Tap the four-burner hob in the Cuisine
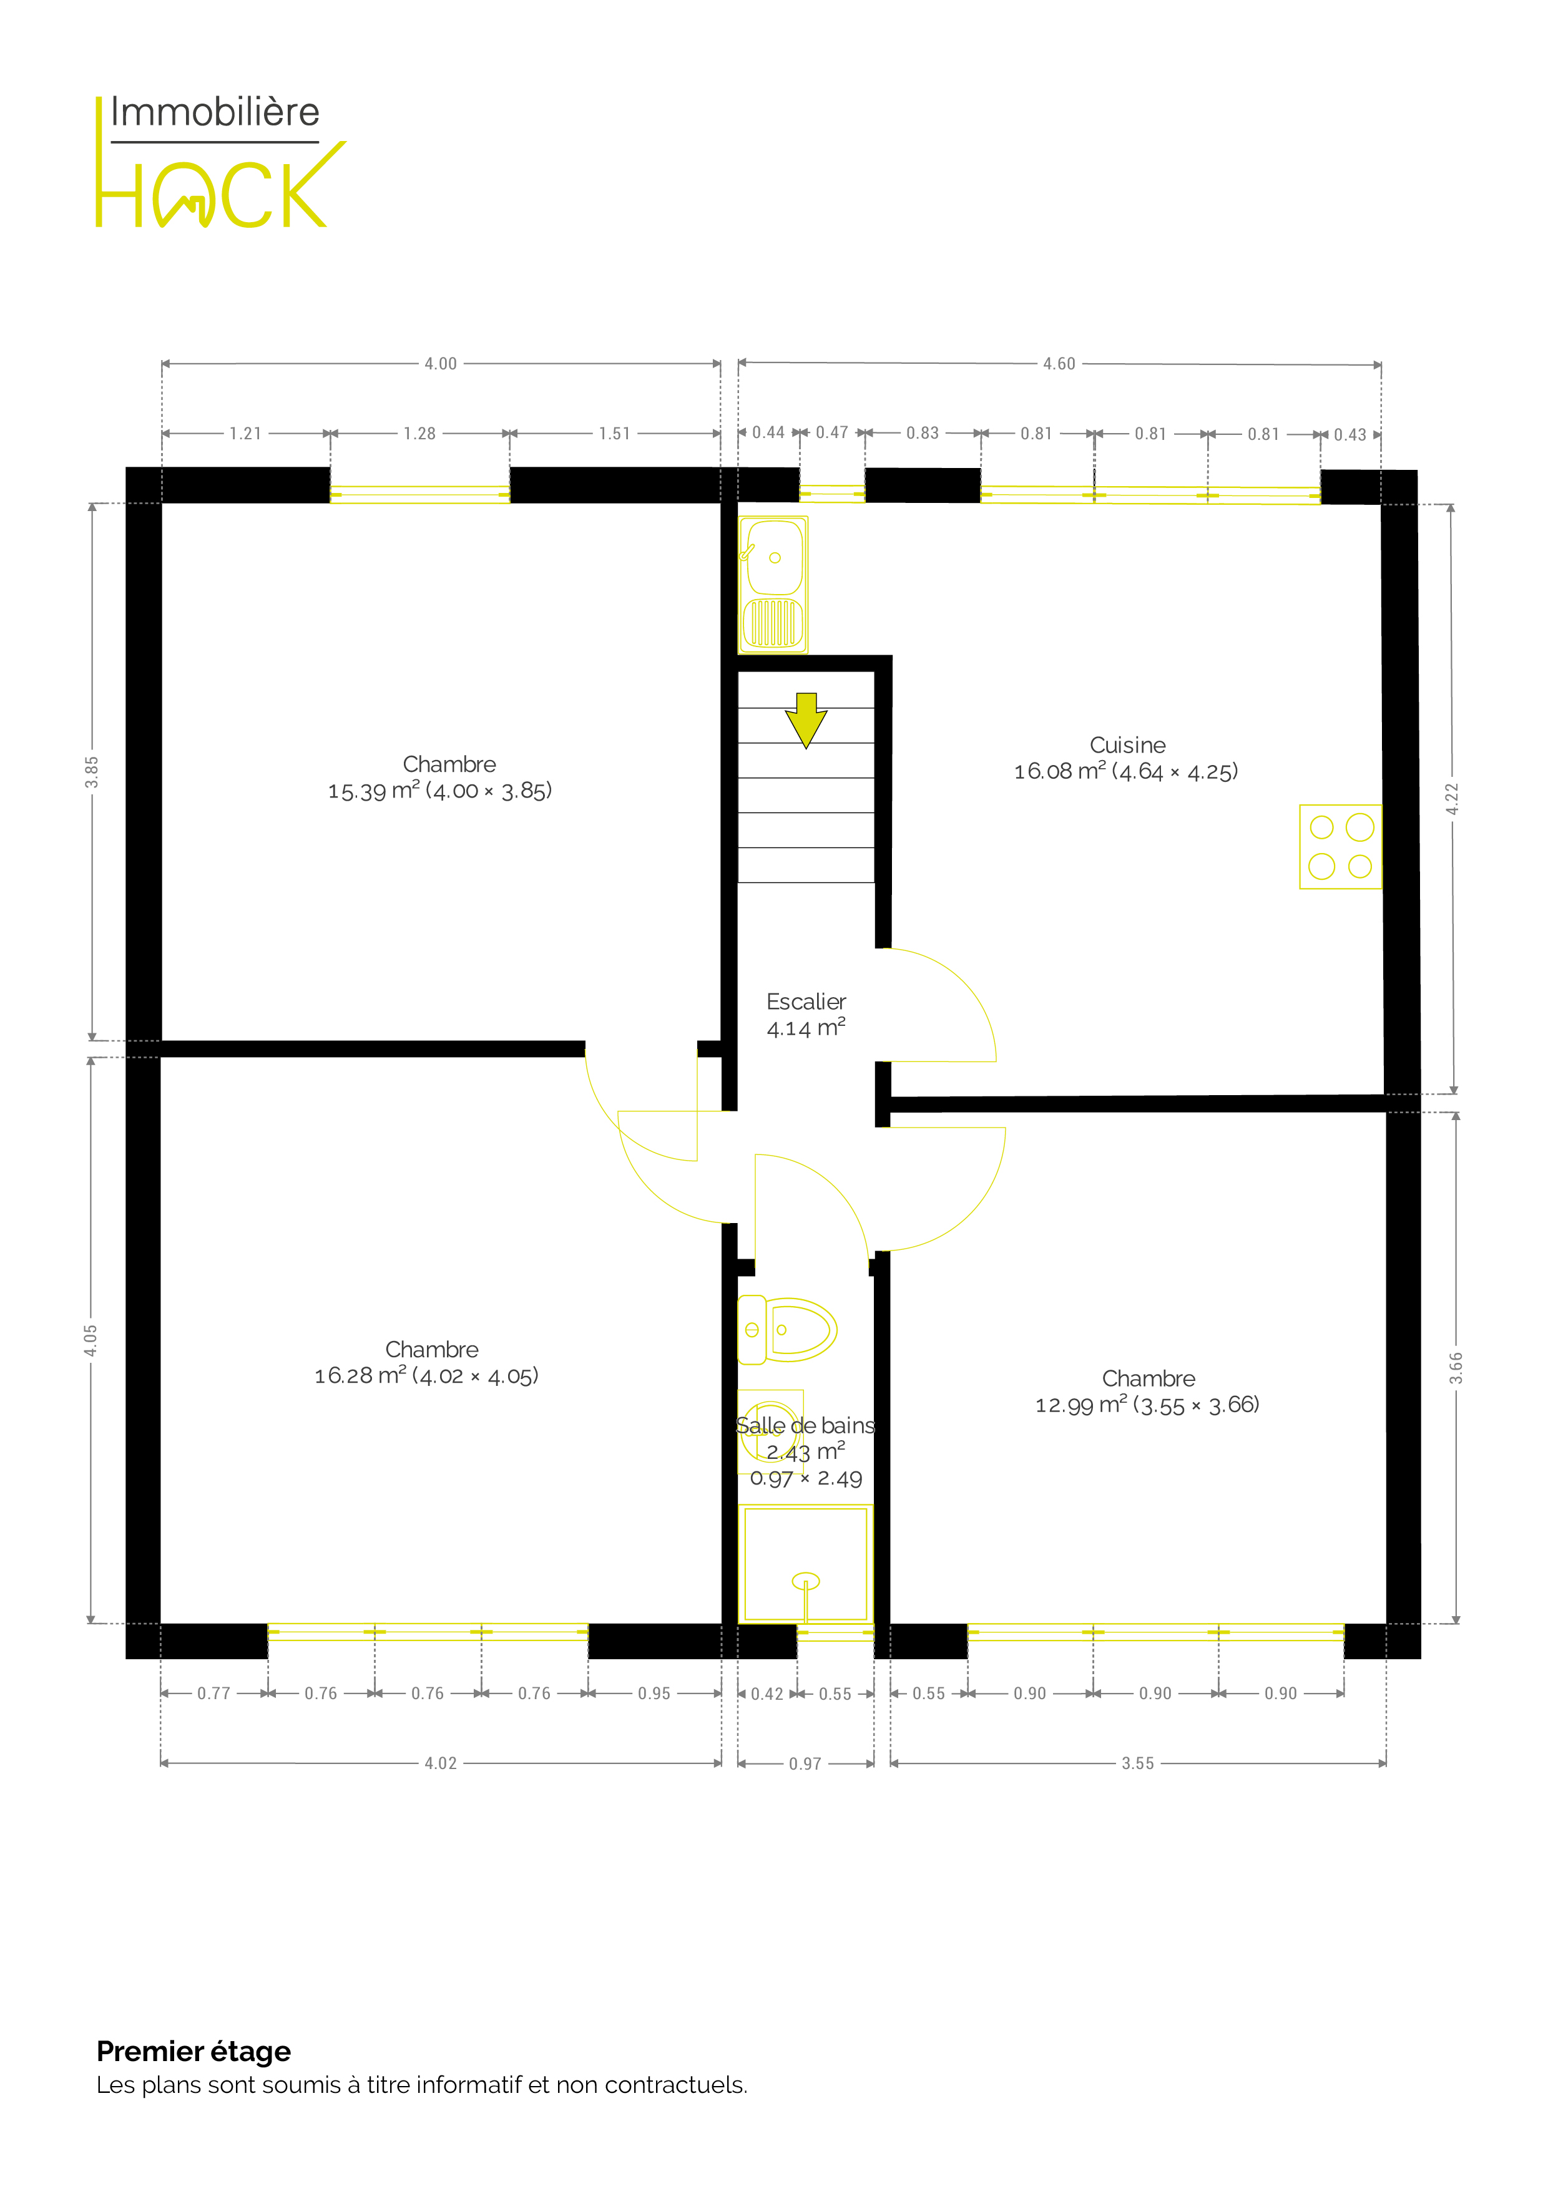coord(1340,847)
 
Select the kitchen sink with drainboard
coord(773,585)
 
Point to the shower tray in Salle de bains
coord(806,1564)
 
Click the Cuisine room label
coord(1127,746)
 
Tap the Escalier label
coord(806,1002)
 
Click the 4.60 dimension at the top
coord(1059,363)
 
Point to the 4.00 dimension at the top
coord(441,363)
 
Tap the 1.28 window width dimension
coord(419,434)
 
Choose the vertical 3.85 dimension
coord(92,773)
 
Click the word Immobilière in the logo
coord(215,112)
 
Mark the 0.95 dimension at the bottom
coord(654,1694)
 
